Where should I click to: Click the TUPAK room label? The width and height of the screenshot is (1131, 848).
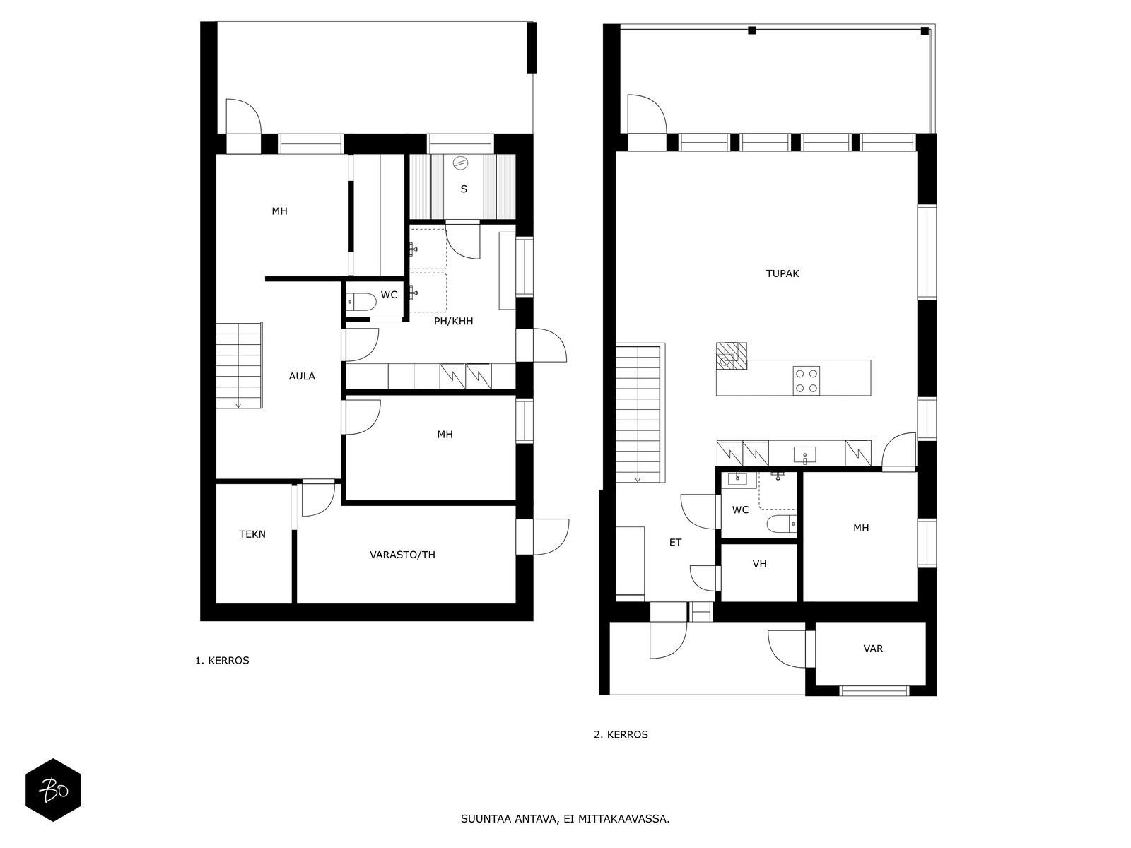click(x=783, y=273)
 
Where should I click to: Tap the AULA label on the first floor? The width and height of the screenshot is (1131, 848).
click(x=301, y=377)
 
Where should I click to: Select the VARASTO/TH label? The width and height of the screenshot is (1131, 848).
click(x=402, y=555)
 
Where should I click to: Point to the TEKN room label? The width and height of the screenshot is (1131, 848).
click(x=252, y=534)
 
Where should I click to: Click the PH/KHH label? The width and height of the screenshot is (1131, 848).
click(x=453, y=321)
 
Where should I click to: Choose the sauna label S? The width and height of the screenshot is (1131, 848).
click(x=464, y=189)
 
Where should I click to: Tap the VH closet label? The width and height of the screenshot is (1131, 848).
click(x=759, y=564)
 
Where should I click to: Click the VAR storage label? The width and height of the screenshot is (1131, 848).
click(x=874, y=649)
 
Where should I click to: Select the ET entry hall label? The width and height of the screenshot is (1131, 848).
click(x=675, y=542)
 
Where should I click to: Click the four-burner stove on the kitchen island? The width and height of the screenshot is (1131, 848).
click(x=807, y=381)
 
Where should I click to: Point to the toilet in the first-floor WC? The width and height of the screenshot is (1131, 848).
click(x=361, y=302)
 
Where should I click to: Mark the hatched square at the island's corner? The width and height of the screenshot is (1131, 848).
click(x=731, y=357)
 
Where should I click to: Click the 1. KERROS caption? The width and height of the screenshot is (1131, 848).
click(x=222, y=661)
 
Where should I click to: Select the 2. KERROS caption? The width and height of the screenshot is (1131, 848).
click(x=621, y=735)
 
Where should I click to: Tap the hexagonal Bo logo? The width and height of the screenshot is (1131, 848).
click(x=53, y=790)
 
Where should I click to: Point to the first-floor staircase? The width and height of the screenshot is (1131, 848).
click(x=239, y=365)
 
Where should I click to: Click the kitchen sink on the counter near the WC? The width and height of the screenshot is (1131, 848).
click(x=805, y=455)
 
